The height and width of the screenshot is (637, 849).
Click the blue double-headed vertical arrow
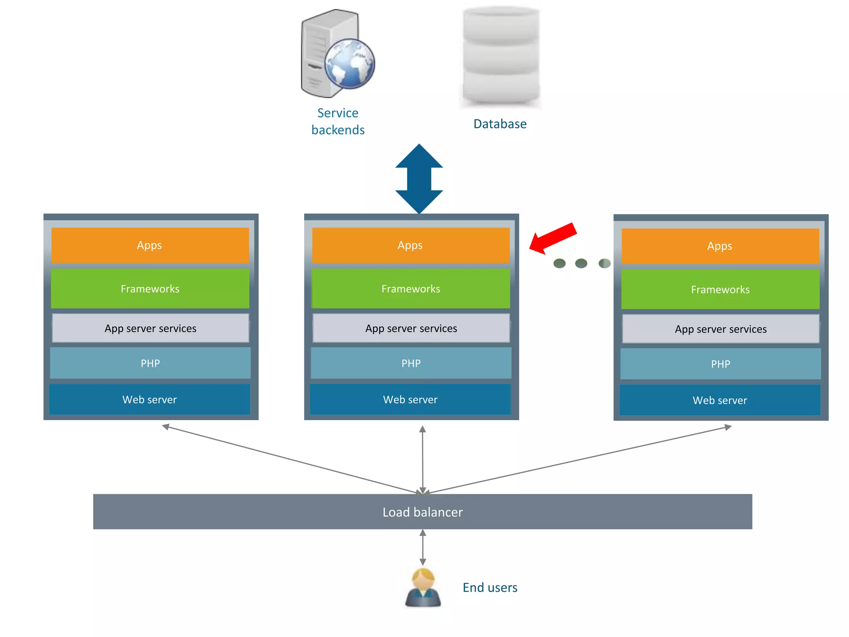pyautogui.click(x=419, y=179)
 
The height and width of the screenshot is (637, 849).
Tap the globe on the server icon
pyautogui.click(x=349, y=64)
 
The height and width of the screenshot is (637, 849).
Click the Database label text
pyautogui.click(x=500, y=124)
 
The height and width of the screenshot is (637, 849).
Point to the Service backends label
pyautogui.click(x=338, y=122)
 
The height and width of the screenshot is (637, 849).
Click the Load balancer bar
pyautogui.click(x=422, y=512)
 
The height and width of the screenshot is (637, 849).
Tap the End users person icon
pyautogui.click(x=422, y=588)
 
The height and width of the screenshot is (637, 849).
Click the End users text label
pyautogui.click(x=490, y=588)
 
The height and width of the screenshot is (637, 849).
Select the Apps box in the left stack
pyautogui.click(x=150, y=245)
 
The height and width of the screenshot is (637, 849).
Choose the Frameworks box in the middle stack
pyautogui.click(x=410, y=289)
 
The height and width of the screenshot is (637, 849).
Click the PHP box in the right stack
pyautogui.click(x=720, y=364)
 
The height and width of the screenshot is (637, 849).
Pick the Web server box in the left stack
pyautogui.click(x=150, y=399)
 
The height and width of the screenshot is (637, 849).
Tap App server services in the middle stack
pyautogui.click(x=411, y=328)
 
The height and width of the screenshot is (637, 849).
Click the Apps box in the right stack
pyautogui.click(x=720, y=246)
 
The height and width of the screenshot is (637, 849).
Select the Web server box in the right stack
pyautogui.click(x=720, y=400)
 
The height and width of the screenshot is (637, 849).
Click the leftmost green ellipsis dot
pyautogui.click(x=559, y=263)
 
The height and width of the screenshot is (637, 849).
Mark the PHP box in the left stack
pyautogui.click(x=150, y=363)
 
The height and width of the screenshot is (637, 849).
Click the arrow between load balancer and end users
pyautogui.click(x=422, y=547)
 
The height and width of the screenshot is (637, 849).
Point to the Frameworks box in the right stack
pyautogui.click(x=720, y=289)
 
